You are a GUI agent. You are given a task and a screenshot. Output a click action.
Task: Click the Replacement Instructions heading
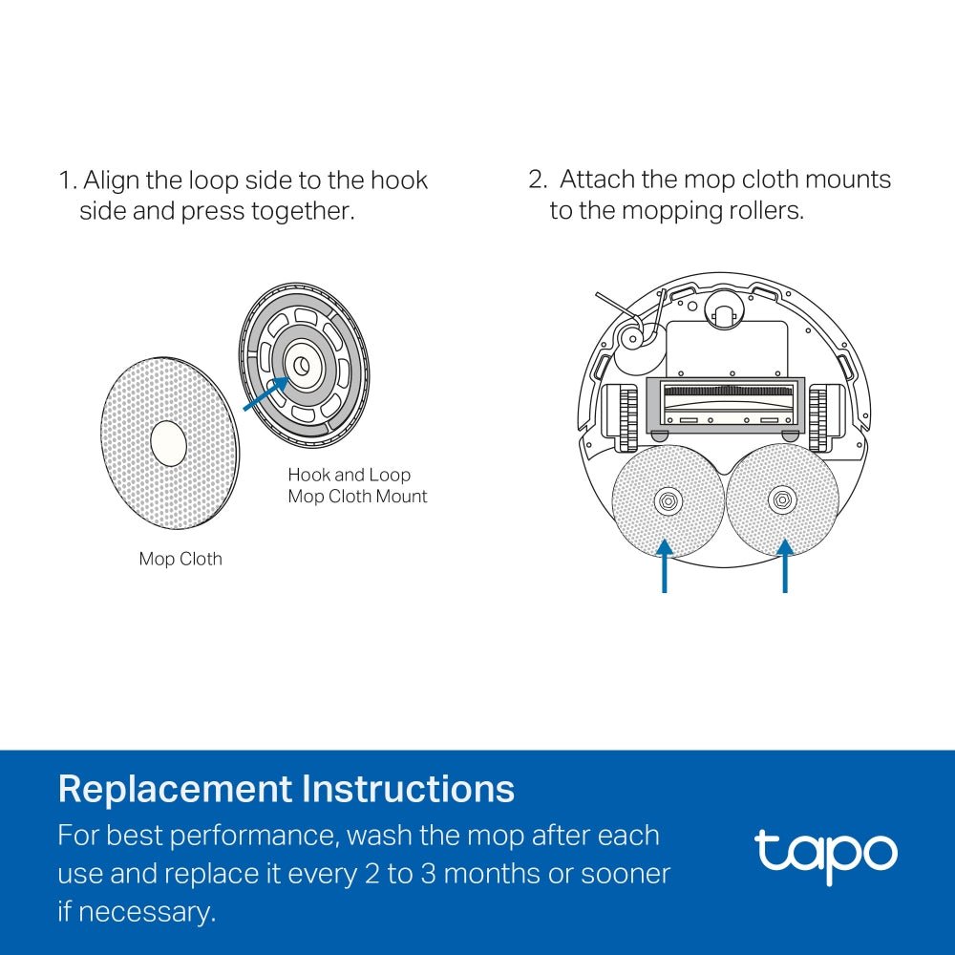(286, 790)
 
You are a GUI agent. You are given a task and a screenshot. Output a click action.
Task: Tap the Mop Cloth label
(180, 560)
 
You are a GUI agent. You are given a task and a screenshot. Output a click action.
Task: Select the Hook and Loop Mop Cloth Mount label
(357, 485)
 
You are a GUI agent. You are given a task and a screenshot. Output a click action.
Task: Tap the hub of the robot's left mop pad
(667, 499)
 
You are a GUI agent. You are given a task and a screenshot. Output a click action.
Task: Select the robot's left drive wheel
(626, 418)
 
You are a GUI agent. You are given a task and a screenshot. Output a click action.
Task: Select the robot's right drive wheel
(819, 418)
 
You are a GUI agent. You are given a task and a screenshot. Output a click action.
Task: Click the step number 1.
(65, 180)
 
